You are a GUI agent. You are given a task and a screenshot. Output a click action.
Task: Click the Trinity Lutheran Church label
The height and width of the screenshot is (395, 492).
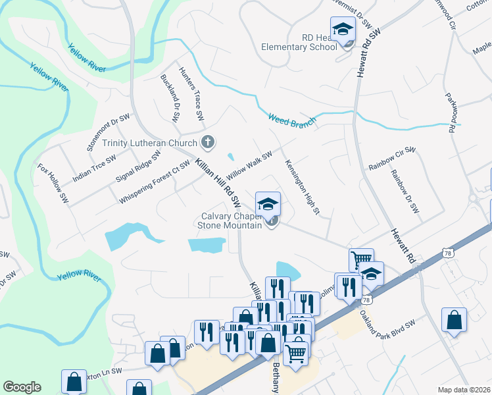click(149, 143)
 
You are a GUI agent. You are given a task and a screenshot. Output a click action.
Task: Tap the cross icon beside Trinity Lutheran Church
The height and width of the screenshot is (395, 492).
click(208, 142)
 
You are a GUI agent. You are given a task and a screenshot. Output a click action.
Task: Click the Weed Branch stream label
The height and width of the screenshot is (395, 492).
click(292, 119)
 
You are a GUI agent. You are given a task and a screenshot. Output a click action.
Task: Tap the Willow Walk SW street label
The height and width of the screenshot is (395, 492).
click(249, 165)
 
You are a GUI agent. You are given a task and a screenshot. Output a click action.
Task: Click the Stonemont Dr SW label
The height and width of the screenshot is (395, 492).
click(109, 132)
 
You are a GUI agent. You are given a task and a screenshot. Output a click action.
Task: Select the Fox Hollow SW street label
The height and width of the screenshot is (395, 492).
click(53, 182)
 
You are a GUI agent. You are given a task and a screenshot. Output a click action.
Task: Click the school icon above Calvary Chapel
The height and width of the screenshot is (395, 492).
click(268, 203)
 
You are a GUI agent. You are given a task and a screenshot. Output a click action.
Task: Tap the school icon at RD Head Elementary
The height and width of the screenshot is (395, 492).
click(343, 29)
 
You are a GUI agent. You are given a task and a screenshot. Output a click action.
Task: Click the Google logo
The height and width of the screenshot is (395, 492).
click(22, 387)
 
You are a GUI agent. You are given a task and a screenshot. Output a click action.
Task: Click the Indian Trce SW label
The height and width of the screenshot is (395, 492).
click(94, 169)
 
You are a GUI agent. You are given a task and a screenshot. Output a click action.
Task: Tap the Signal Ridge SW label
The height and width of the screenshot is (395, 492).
click(138, 167)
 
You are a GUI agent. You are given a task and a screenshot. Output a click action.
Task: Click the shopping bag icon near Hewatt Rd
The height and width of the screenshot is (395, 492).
click(454, 321)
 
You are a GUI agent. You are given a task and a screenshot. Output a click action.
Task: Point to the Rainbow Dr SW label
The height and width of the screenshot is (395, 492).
click(404, 191)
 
